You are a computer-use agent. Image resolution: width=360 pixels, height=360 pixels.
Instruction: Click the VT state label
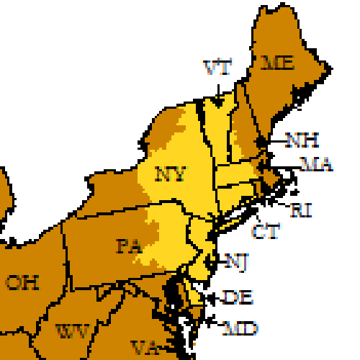tap(217, 68)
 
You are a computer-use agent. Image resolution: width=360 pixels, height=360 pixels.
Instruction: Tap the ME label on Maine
tap(278, 63)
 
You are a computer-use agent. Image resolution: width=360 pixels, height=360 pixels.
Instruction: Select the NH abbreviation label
tap(302, 140)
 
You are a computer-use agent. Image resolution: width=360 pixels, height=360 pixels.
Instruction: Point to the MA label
tap(316, 164)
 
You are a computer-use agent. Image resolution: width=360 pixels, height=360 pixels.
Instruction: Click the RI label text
tap(301, 210)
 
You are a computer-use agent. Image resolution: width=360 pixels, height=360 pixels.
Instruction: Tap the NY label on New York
tap(171, 174)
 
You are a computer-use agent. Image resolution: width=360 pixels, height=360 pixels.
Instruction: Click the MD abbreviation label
tap(240, 329)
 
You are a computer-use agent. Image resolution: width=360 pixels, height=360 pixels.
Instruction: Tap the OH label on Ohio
tap(22, 282)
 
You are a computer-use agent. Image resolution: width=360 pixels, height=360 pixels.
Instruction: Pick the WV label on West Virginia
tap(73, 332)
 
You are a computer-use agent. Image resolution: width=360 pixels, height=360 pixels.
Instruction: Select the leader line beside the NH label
tap(275, 140)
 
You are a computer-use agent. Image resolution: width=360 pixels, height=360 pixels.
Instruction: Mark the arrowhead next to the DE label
tap(210, 297)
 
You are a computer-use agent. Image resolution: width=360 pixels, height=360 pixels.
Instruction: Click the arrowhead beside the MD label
tap(209, 323)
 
